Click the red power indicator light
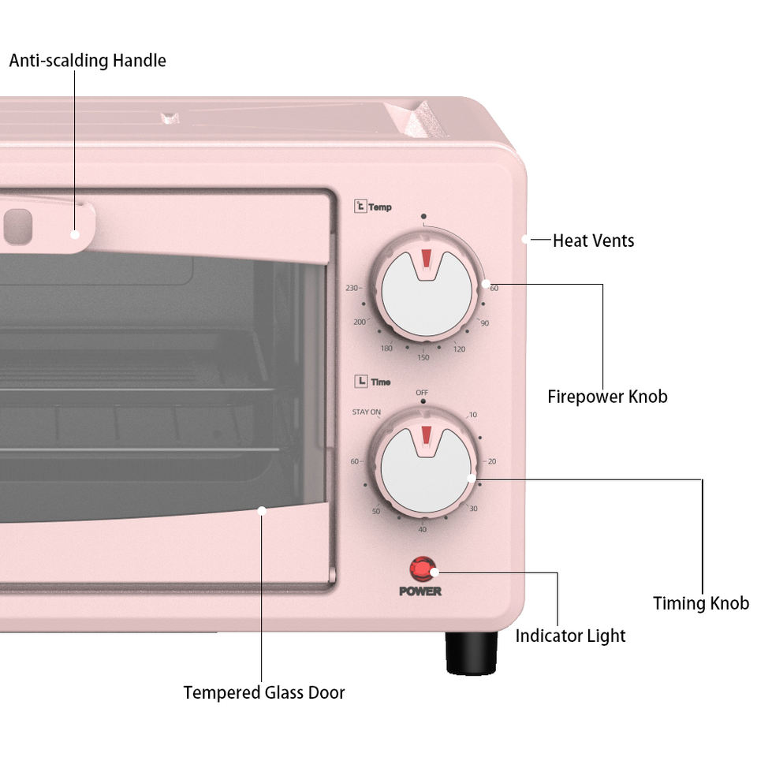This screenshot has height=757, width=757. click(x=421, y=569)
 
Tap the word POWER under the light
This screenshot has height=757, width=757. click(x=420, y=591)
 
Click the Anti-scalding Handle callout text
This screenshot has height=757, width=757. click(x=88, y=61)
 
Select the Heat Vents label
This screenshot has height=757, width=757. click(x=593, y=241)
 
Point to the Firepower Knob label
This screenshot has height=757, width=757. click(x=607, y=397)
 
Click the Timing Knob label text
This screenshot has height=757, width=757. click(x=700, y=603)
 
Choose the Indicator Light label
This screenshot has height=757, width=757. click(x=570, y=636)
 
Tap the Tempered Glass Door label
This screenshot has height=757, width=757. click(x=264, y=692)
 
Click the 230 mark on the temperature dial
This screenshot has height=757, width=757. click(x=352, y=288)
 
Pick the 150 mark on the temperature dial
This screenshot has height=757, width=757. click(x=423, y=357)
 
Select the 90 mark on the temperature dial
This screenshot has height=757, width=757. click(x=485, y=323)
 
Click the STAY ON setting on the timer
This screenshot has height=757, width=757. click(x=366, y=412)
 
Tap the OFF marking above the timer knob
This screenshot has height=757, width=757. click(x=423, y=393)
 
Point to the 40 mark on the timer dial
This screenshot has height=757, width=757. click(x=423, y=529)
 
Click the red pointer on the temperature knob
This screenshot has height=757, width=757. click(x=426, y=259)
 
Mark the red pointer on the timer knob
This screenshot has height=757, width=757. click(x=426, y=436)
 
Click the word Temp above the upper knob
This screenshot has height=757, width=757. click(x=379, y=208)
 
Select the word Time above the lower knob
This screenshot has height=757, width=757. click(x=380, y=382)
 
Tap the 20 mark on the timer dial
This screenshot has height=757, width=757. click(x=492, y=461)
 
